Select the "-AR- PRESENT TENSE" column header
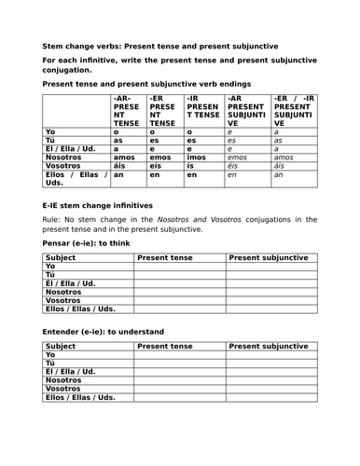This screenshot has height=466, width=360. (x=127, y=109)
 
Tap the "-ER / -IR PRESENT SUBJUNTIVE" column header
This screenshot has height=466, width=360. (x=294, y=109)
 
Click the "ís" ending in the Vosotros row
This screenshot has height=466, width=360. (x=188, y=167)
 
